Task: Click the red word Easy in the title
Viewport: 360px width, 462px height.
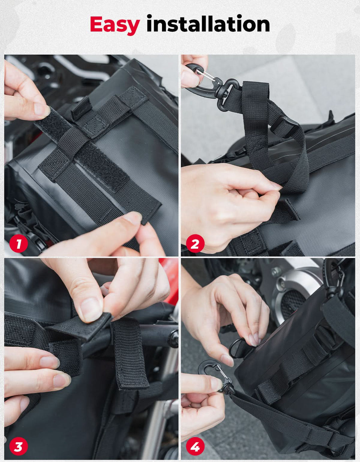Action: pyautogui.click(x=115, y=25)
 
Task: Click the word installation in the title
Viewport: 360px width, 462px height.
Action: pyautogui.click(x=208, y=23)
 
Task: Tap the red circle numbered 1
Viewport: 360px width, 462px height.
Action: pyautogui.click(x=18, y=243)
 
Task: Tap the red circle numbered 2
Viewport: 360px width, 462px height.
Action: pyautogui.click(x=195, y=243)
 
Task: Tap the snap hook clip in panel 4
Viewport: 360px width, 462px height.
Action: pyautogui.click(x=215, y=374)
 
